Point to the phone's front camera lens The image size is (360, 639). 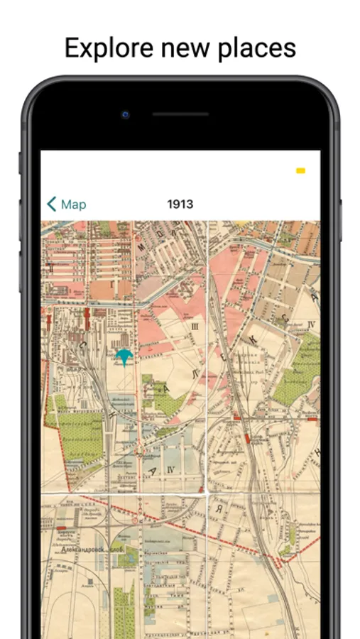pyautogui.click(x=126, y=114)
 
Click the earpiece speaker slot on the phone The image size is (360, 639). pyautogui.click(x=180, y=114)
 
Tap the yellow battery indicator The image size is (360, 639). pyautogui.click(x=300, y=170)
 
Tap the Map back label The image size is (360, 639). pyautogui.click(x=73, y=204)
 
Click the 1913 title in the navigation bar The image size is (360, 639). pyautogui.click(x=180, y=204)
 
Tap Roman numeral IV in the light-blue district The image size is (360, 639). pyautogui.click(x=170, y=469)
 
